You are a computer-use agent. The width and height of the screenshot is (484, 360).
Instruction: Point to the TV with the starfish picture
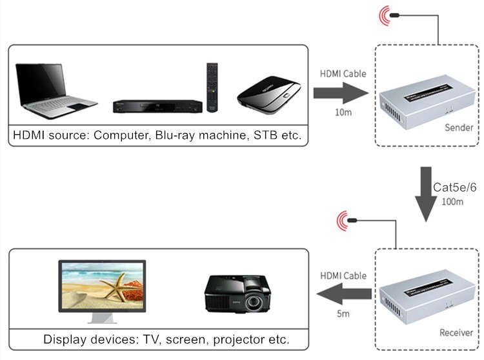102,287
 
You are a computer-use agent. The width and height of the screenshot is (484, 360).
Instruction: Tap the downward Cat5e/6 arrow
425,193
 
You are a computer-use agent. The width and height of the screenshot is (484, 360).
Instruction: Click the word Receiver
456,333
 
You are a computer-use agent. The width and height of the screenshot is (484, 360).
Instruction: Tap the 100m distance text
452,202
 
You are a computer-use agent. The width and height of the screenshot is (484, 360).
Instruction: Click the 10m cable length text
343,114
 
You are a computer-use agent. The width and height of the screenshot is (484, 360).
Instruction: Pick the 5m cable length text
343,314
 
